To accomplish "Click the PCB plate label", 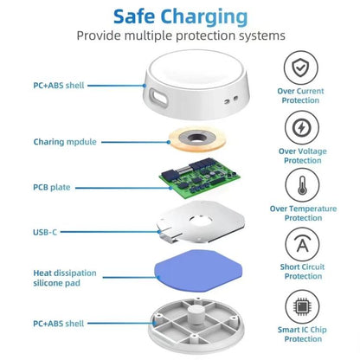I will click(53, 187).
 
